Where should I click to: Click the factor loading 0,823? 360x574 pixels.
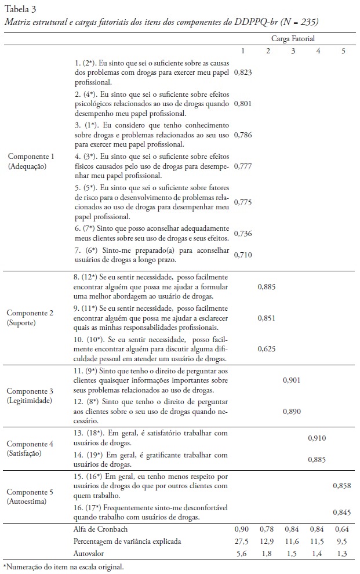[243, 73]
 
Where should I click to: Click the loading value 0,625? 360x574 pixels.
[268, 348]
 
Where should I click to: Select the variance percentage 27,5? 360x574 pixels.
[243, 541]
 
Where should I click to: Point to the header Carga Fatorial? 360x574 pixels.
[293, 39]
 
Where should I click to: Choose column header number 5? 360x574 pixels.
[343, 51]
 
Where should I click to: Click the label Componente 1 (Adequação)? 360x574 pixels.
[30, 161]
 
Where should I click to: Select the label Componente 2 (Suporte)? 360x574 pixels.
[30, 317]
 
